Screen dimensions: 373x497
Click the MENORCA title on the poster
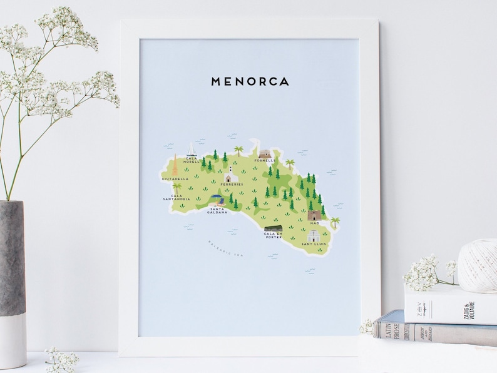(x=250, y=81)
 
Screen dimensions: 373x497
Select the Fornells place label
(x=264, y=160)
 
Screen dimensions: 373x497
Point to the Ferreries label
(x=231, y=185)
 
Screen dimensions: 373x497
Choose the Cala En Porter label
(x=273, y=235)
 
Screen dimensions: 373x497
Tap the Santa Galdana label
(x=218, y=210)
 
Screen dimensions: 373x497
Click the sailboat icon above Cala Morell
(x=192, y=149)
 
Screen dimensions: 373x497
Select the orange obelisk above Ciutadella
(x=175, y=167)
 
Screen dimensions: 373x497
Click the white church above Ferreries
(x=231, y=174)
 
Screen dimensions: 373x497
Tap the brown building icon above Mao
(x=314, y=215)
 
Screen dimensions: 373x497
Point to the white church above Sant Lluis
(x=313, y=235)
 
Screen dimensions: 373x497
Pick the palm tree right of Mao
(x=336, y=222)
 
